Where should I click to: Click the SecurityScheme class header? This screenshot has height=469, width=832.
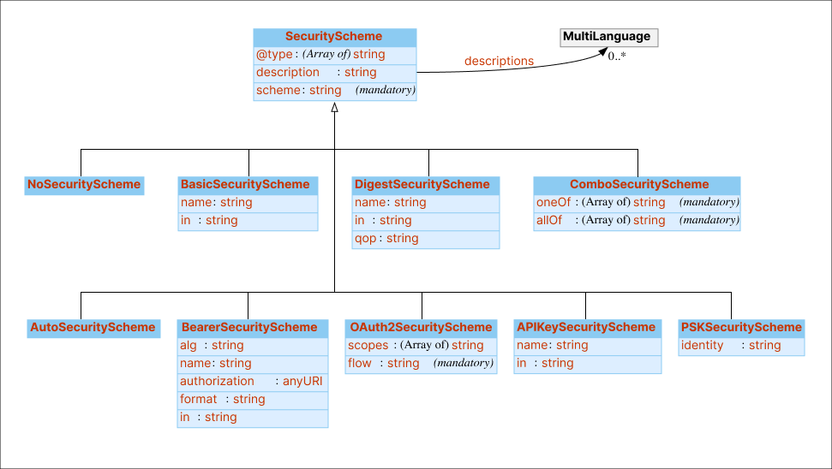pos(334,37)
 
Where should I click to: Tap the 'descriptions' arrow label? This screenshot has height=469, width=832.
pos(499,61)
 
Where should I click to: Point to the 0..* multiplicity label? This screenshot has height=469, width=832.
pos(617,56)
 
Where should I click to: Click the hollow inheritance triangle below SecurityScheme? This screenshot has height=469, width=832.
pos(335,108)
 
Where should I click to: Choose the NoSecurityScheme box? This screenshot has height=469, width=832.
pos(83,184)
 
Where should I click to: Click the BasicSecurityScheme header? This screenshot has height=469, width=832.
pos(248,184)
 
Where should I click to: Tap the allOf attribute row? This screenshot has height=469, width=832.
pos(636,221)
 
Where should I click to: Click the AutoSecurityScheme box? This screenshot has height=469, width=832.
pos(93,327)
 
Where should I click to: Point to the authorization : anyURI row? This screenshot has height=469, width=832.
pos(253,382)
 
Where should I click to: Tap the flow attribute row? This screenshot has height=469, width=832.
pos(420,364)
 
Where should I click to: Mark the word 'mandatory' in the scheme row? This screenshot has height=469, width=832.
pos(386,91)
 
